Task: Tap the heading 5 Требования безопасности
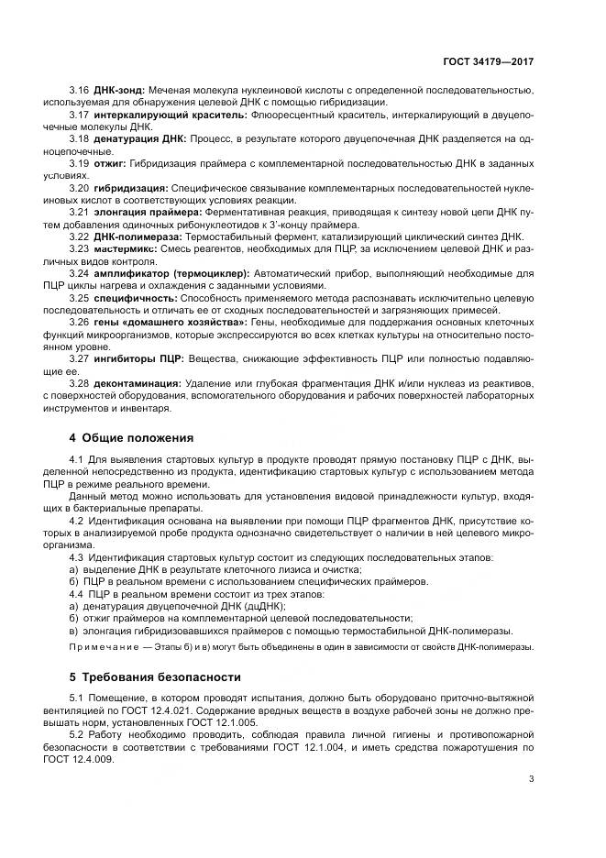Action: pyautogui.click(x=156, y=677)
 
